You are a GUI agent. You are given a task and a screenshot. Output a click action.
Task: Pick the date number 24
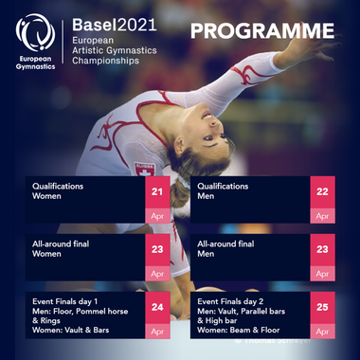click(x=158, y=306)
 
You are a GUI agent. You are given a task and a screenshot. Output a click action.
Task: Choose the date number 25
click(x=323, y=306)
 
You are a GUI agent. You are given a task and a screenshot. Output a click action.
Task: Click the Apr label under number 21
click(x=158, y=216)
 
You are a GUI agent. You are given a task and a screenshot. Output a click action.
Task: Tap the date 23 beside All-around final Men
click(x=323, y=250)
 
